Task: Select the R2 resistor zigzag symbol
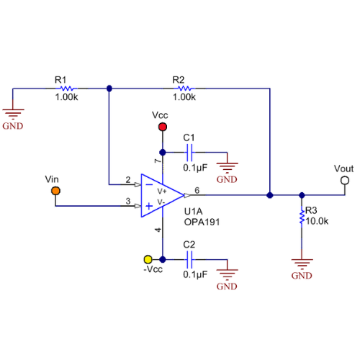click(x=185, y=89)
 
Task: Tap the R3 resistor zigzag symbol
click(x=302, y=216)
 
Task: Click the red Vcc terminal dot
click(x=163, y=127)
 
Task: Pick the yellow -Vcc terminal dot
click(x=148, y=259)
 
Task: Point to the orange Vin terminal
click(x=55, y=191)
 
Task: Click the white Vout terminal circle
click(x=345, y=181)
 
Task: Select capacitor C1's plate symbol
click(x=189, y=153)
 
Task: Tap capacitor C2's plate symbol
click(x=189, y=259)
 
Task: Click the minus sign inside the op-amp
click(x=149, y=184)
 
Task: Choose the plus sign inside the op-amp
click(x=149, y=206)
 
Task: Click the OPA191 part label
click(x=202, y=222)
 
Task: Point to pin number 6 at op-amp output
click(x=197, y=190)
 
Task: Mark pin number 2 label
click(x=128, y=179)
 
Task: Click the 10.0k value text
click(x=317, y=221)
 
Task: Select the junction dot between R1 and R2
click(x=109, y=89)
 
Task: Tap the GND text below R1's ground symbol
click(x=13, y=126)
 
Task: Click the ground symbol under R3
click(x=302, y=264)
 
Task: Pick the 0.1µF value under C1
click(x=195, y=168)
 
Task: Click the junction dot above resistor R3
click(x=302, y=195)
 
